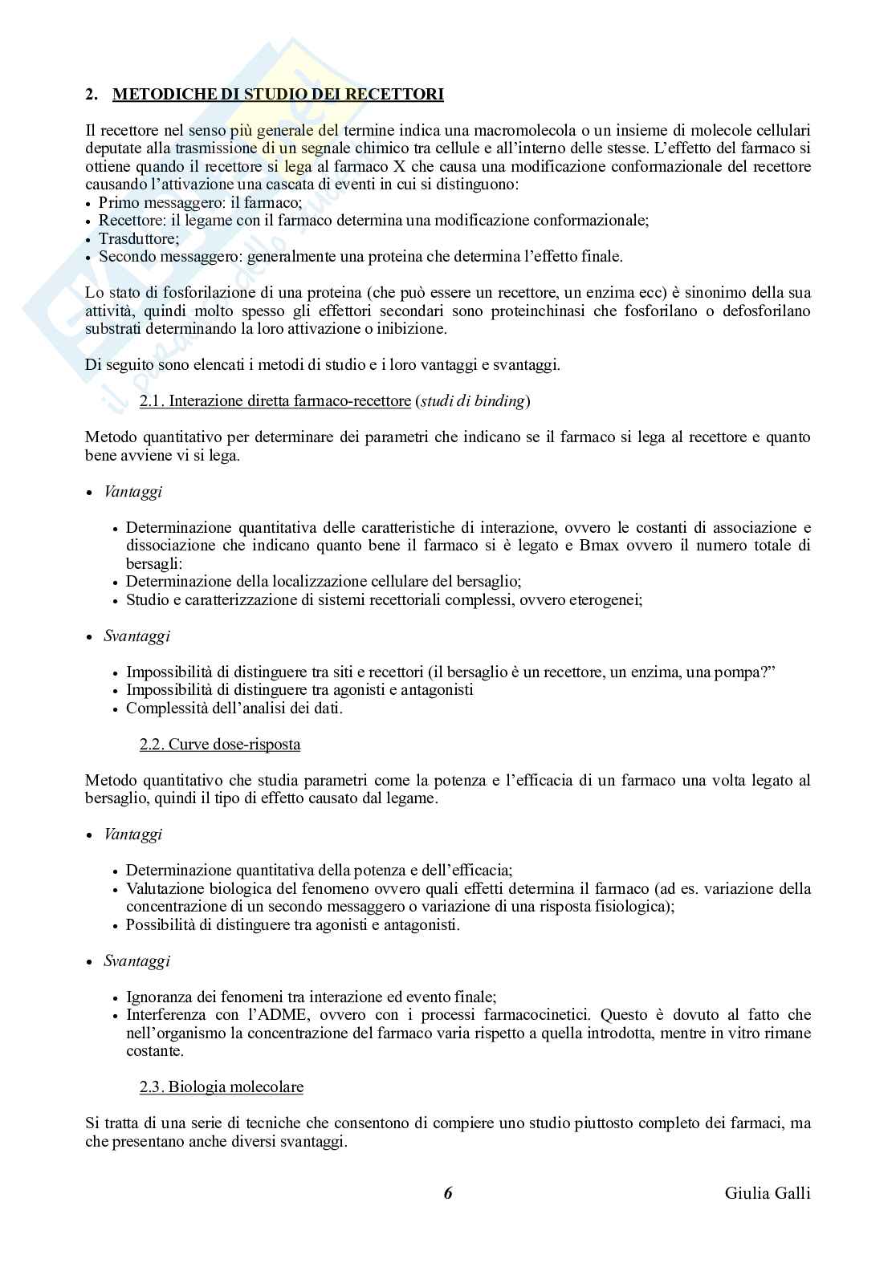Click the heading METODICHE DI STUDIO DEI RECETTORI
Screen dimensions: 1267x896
coord(278,95)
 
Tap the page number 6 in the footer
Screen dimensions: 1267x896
coord(448,1192)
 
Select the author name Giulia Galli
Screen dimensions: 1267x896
coord(767,1192)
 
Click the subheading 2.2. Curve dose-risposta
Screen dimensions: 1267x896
coord(220,744)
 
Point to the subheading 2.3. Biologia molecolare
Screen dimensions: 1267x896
coord(222,1087)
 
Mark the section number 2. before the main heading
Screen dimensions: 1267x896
coord(92,95)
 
